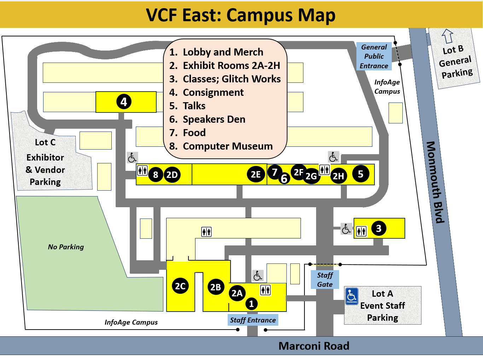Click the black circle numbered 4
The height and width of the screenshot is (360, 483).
(124, 102)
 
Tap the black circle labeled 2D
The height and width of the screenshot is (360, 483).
(172, 175)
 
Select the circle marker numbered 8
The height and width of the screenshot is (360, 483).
(156, 175)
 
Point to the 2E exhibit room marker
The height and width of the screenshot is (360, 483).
(256, 174)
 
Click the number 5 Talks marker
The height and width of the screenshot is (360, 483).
(361, 174)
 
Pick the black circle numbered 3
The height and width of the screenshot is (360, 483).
(379, 228)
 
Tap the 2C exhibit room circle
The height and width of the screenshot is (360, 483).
(180, 286)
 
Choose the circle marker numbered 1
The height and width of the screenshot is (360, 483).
(251, 304)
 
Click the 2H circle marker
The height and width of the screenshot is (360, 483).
(338, 176)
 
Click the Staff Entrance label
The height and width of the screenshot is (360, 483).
(253, 320)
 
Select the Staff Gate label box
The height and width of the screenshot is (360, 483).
(325, 280)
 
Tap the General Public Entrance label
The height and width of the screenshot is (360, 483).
(374, 57)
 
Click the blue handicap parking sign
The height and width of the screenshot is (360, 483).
(352, 296)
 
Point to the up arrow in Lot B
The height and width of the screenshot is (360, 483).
(448, 36)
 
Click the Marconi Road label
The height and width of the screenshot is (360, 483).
(314, 346)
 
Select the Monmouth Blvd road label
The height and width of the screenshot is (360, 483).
(435, 182)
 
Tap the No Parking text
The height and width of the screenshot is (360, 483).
(66, 247)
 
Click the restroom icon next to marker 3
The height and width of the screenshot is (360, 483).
(361, 231)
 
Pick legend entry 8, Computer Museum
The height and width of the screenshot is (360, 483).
(221, 146)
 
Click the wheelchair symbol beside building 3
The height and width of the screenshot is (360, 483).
(346, 229)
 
